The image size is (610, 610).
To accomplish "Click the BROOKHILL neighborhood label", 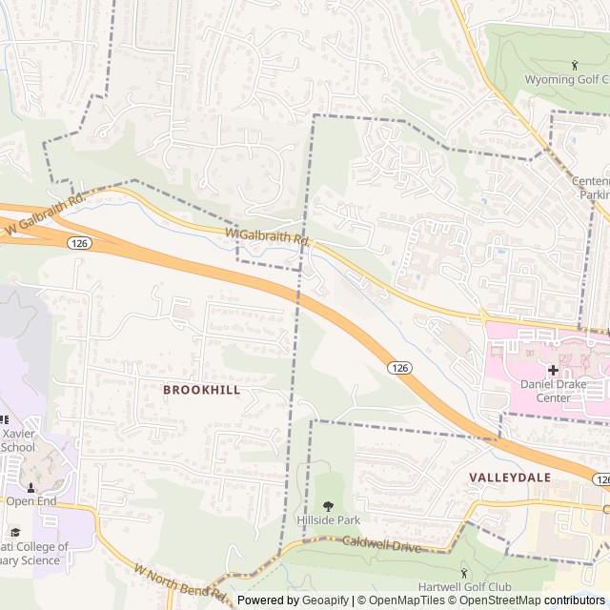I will pyautogui.click(x=201, y=390).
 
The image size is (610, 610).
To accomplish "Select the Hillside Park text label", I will pyautogui.click(x=329, y=520).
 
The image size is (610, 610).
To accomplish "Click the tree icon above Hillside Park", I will pyautogui.click(x=329, y=506).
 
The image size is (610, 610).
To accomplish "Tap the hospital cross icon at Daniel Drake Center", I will pyautogui.click(x=553, y=370).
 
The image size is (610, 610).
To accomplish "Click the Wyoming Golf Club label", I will pyautogui.click(x=567, y=79).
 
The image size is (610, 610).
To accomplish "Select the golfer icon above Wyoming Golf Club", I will pyautogui.click(x=574, y=65).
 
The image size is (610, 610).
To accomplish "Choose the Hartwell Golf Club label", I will pyautogui.click(x=464, y=586).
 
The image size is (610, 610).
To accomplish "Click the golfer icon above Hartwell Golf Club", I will pyautogui.click(x=464, y=572).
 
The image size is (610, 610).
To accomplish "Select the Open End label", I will pyautogui.click(x=31, y=500).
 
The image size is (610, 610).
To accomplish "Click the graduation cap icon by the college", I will pyautogui.click(x=14, y=533).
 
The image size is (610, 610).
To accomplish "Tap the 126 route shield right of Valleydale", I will pyautogui.click(x=600, y=478).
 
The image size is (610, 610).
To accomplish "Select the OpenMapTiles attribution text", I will pyautogui.click(x=399, y=600).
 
